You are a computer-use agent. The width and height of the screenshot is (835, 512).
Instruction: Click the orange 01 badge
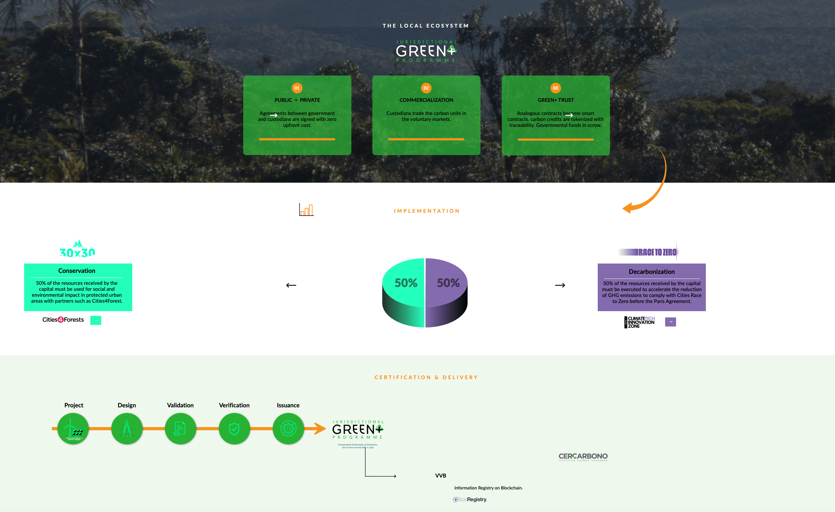click(297, 88)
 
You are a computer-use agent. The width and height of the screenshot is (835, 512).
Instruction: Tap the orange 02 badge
click(426, 88)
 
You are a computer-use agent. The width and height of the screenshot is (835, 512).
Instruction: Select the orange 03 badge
click(555, 88)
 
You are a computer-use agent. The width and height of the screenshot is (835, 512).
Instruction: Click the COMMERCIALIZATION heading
click(426, 100)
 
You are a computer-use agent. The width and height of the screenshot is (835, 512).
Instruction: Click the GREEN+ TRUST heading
click(555, 100)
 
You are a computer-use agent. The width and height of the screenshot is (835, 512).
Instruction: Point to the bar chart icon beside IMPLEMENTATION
click(306, 209)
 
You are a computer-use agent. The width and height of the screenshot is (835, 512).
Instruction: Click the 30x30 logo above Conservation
click(78, 249)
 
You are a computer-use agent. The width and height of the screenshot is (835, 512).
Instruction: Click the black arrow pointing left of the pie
click(291, 285)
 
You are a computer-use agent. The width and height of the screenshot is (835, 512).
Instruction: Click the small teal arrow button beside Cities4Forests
click(96, 320)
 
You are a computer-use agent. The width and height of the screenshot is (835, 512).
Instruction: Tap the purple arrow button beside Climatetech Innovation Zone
click(670, 321)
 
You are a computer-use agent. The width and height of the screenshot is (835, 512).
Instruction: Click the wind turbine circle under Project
click(73, 429)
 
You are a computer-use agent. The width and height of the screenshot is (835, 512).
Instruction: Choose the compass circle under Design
click(127, 429)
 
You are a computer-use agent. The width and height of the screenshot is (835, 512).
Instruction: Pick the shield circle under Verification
click(234, 429)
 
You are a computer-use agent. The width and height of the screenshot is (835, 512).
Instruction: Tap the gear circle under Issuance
click(288, 429)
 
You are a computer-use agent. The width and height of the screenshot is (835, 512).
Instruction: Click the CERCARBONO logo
click(583, 457)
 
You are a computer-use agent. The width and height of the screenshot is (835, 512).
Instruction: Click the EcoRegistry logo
click(470, 499)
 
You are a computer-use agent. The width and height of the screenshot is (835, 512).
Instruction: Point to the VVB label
click(441, 476)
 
